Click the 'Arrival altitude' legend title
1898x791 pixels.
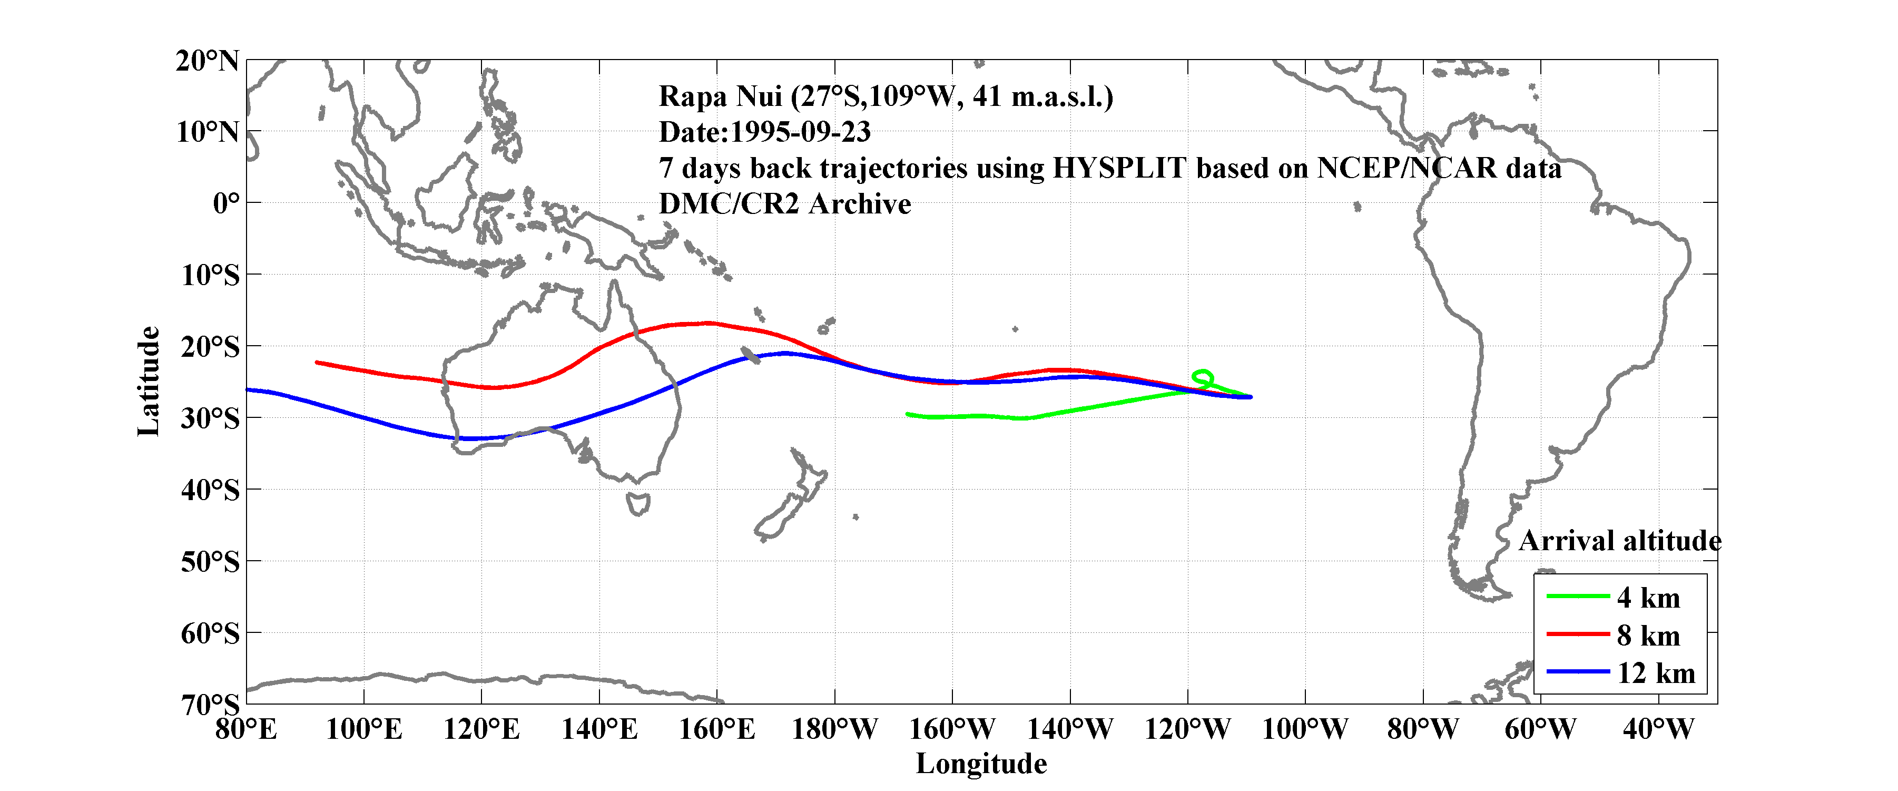click(x=1619, y=541)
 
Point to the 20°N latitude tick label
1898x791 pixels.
click(x=207, y=61)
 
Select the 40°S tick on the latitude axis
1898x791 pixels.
click(x=210, y=490)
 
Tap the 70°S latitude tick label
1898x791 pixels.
click(x=210, y=705)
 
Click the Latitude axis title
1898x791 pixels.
click(x=148, y=381)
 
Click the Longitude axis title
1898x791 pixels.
click(x=981, y=764)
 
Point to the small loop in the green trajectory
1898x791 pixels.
click(x=1202, y=377)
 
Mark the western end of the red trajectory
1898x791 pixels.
click(x=317, y=362)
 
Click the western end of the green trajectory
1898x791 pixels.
click(x=908, y=414)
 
